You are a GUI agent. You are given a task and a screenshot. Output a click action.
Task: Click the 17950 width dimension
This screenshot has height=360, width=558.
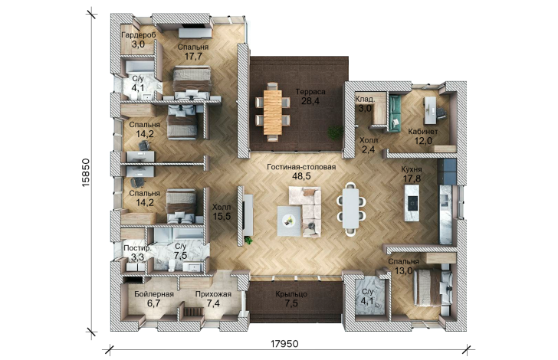click(x=284, y=344)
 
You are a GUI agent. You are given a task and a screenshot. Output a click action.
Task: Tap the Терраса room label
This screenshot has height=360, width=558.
click(x=310, y=92)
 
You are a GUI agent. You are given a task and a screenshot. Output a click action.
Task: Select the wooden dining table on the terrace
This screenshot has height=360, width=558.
click(x=273, y=112)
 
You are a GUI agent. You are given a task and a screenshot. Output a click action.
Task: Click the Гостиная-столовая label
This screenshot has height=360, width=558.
click(x=301, y=167)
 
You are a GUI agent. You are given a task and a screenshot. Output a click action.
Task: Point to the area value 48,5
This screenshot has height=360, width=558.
click(x=301, y=175)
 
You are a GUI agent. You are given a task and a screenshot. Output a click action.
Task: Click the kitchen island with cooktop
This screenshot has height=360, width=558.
click(x=412, y=203)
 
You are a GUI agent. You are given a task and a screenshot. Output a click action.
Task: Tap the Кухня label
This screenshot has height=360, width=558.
click(x=412, y=169)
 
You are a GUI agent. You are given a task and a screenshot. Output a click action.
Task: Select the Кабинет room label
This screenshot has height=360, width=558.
click(x=423, y=132)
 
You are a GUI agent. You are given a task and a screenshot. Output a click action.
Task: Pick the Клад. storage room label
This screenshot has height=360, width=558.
click(x=365, y=100)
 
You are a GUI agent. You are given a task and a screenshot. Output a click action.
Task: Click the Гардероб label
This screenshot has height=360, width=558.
click(x=139, y=35)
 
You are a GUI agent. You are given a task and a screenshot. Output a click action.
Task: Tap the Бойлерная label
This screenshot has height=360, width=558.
click(x=154, y=294)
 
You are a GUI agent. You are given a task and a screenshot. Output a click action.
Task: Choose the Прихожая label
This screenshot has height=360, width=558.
click(x=213, y=294)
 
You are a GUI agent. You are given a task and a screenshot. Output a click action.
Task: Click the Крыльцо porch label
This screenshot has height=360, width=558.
click(x=291, y=295)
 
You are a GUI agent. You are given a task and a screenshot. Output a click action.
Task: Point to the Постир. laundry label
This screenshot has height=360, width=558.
click(x=137, y=248)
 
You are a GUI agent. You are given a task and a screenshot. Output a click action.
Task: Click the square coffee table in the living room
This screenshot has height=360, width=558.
click(x=289, y=221)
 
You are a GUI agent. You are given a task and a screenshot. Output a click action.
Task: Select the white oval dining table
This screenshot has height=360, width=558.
click(x=350, y=208)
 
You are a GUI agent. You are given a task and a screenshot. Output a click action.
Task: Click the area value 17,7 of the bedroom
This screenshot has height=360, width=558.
click(x=193, y=56)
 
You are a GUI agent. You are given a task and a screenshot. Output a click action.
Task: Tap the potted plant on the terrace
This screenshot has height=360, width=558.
click(x=335, y=133)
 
